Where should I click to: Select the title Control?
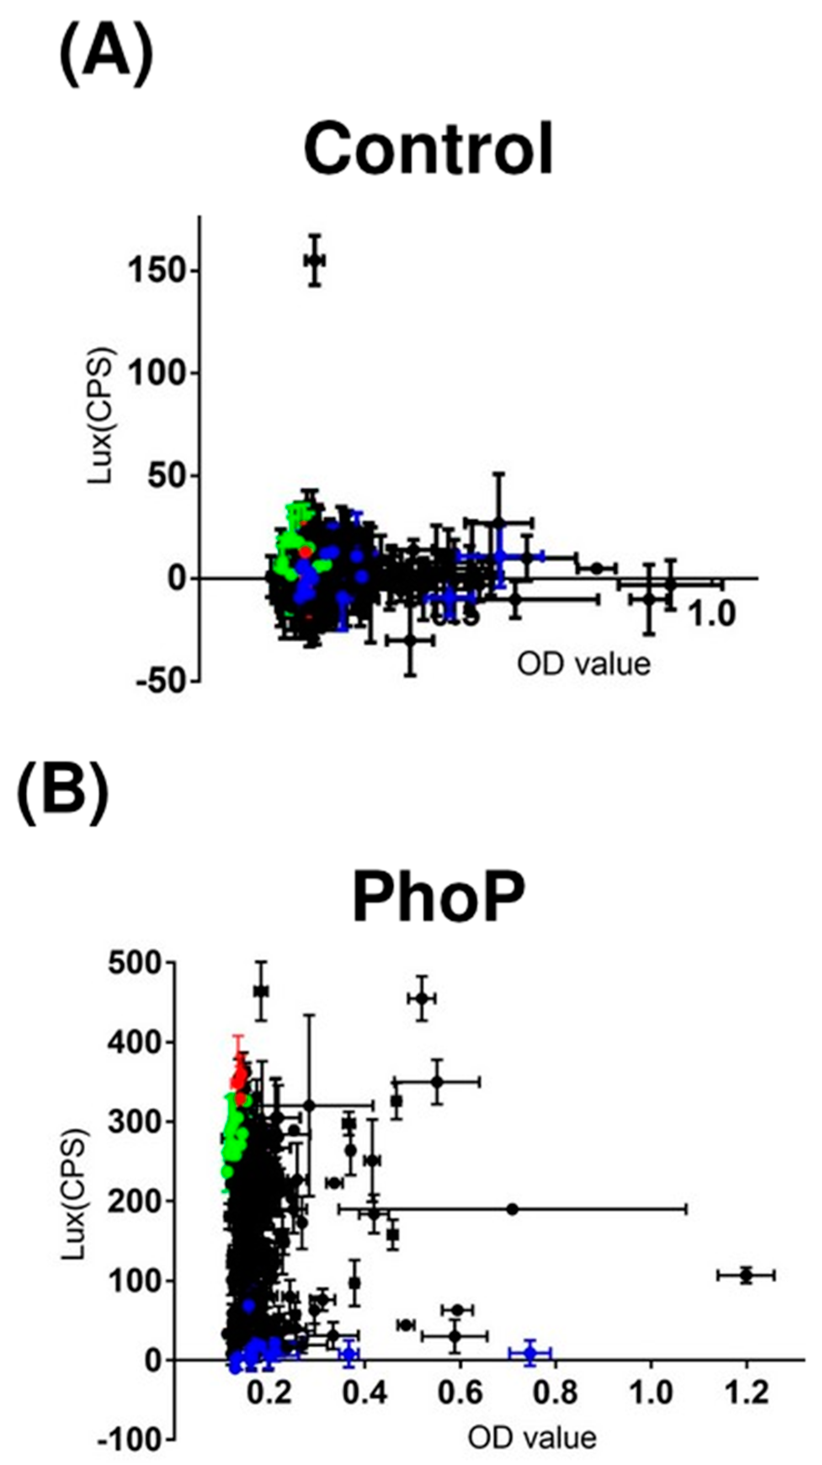point(428,149)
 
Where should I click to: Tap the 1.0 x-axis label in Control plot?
point(712,614)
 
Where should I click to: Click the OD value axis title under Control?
point(583,664)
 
